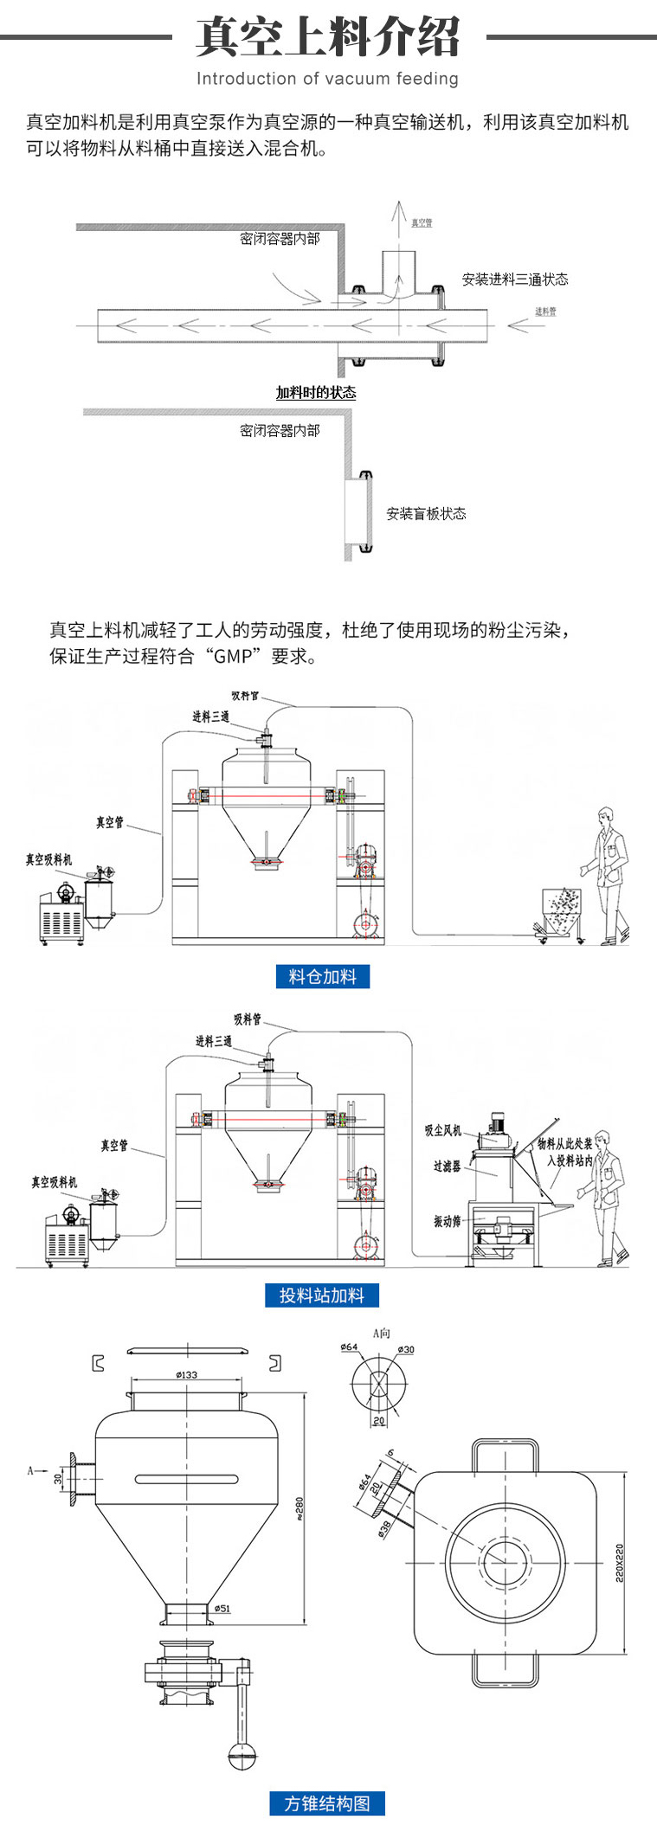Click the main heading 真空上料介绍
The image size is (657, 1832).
pos(327,37)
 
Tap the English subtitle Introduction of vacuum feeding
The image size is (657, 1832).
pos(327,79)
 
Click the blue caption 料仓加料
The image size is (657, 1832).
pos(322,976)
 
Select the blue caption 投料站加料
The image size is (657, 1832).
pos(322,1295)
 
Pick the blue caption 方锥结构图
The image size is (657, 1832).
pos(327,1803)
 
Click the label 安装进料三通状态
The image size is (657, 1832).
pos(515,279)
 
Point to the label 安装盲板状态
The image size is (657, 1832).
pos(426,513)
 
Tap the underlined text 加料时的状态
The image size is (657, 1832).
pos(316,393)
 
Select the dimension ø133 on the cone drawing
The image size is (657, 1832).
pos(186,1374)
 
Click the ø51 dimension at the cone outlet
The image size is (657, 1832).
pos(222,1608)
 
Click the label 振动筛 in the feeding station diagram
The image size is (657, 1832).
pos(447,1221)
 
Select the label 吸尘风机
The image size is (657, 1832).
pos(443,1130)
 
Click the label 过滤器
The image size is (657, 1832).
pos(447,1167)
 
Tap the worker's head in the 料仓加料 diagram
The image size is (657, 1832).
pos(606,815)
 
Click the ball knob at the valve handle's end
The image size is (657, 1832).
pos(242,1756)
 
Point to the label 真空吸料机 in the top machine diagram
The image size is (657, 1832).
pos(48,859)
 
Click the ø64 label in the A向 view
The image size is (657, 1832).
pos(349,1347)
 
